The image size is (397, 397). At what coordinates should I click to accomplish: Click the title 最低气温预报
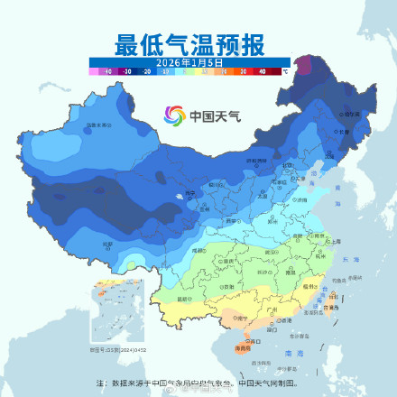(x=198, y=44)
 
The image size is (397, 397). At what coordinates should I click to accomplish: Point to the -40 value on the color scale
(x=107, y=69)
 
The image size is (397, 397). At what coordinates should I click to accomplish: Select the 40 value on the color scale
(x=262, y=69)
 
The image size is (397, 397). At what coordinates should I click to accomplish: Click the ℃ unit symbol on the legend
(x=285, y=69)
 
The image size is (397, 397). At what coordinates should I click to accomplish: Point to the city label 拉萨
(x=108, y=244)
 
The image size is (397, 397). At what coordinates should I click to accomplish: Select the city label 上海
(x=336, y=241)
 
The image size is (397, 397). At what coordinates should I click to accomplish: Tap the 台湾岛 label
(x=337, y=307)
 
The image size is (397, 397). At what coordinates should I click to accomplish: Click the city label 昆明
(x=186, y=299)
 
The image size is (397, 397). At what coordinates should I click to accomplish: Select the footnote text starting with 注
(x=198, y=383)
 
